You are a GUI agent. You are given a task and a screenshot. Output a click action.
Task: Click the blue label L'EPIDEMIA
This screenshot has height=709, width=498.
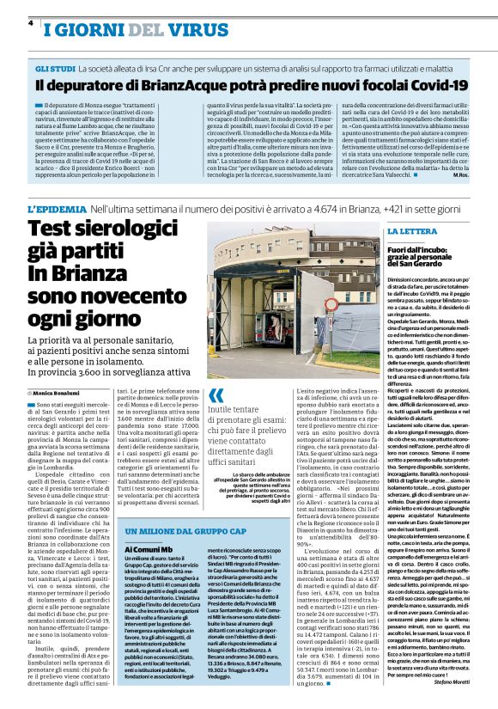56,209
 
